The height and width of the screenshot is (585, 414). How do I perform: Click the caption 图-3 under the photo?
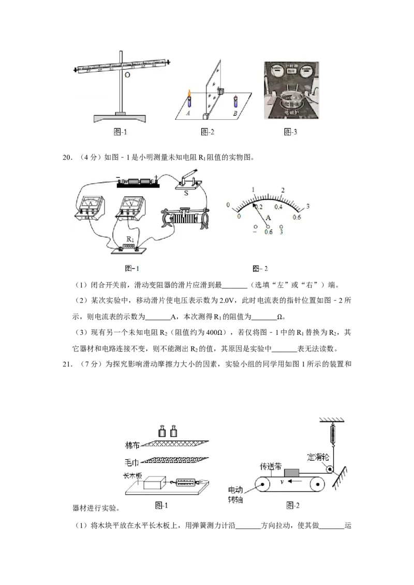click(x=291, y=132)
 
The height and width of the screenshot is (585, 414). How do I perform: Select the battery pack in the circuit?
click(x=138, y=182)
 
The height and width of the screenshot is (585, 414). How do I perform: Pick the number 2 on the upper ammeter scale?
click(x=283, y=190)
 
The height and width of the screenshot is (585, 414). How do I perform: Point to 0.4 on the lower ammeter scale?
click(x=278, y=207)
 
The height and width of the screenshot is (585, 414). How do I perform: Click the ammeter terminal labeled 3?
click(x=282, y=232)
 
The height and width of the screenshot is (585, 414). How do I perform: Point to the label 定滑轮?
click(x=318, y=457)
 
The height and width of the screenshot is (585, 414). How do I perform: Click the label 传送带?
click(x=270, y=466)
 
